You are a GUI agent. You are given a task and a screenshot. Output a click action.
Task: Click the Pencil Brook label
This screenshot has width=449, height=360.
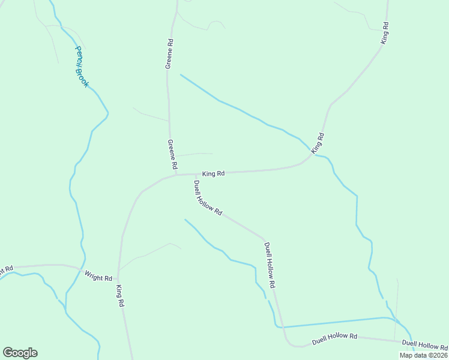[82, 67]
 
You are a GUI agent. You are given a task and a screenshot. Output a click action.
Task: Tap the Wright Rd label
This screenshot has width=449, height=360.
[98, 277]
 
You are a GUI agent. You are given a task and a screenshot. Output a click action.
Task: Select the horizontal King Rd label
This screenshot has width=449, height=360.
[213, 174]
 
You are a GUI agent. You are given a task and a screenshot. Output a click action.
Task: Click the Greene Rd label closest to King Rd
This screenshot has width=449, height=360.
[172, 154]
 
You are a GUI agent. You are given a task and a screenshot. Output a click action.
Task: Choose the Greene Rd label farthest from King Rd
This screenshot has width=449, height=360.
[170, 54]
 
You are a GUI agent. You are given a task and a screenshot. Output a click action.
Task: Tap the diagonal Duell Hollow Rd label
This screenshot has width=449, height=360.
[208, 197]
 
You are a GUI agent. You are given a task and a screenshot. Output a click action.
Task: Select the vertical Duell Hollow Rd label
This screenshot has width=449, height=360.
[270, 264]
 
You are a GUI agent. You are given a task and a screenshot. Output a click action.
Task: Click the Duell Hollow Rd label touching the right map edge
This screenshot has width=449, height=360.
[425, 345]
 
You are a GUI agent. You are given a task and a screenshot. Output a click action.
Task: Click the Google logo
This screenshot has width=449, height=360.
[20, 353]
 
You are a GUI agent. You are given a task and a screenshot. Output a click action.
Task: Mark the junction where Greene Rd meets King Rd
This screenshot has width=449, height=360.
[175, 175]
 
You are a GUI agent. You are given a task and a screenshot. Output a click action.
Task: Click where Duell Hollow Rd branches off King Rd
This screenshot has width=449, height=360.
[194, 175]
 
